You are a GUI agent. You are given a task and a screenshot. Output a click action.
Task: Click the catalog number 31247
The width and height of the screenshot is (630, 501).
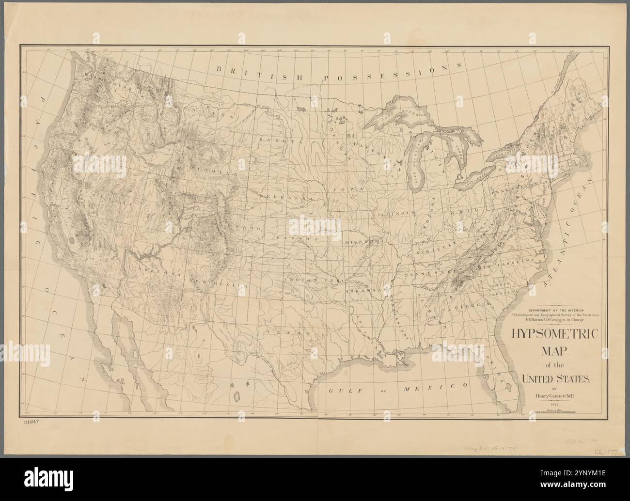coord(30,423)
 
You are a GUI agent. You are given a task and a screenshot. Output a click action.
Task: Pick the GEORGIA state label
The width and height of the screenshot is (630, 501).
coord(469,305)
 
